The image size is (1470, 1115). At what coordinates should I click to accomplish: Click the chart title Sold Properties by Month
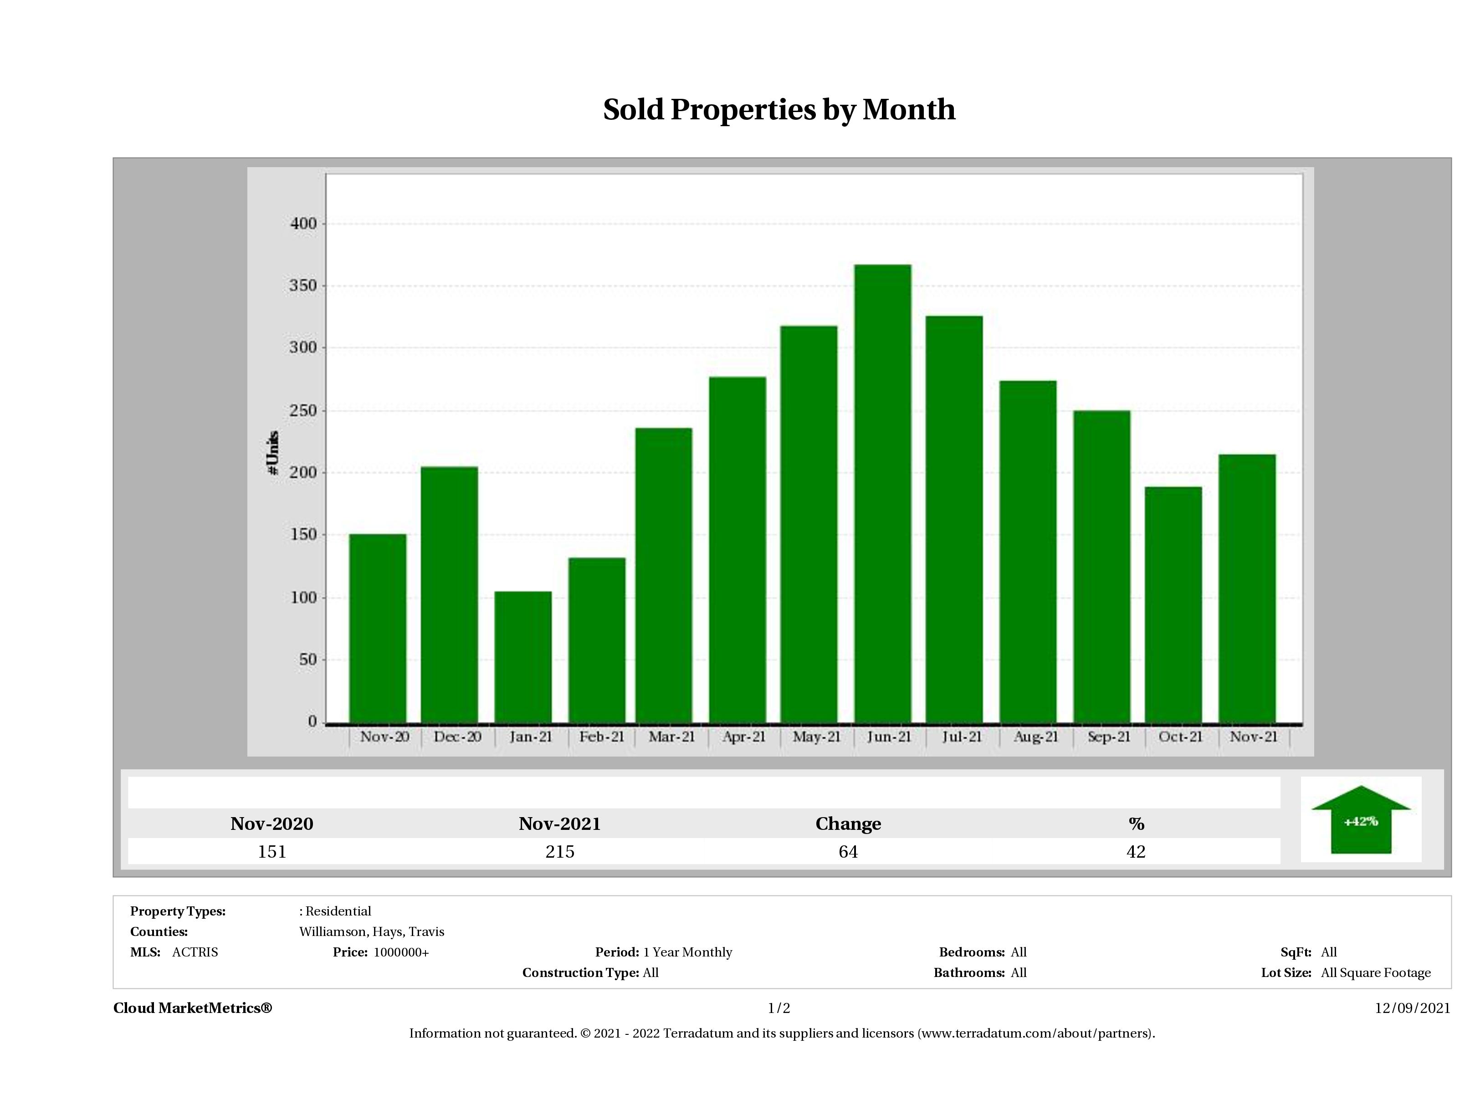pyautogui.click(x=779, y=110)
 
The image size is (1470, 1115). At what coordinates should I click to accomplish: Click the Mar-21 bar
pyautogui.click(x=663, y=575)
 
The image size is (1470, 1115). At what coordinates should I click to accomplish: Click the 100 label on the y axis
pyautogui.click(x=303, y=598)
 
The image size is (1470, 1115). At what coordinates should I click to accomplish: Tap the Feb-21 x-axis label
pyautogui.click(x=601, y=737)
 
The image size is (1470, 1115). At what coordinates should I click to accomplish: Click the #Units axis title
pyautogui.click(x=272, y=452)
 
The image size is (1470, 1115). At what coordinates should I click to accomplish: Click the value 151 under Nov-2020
pyautogui.click(x=272, y=852)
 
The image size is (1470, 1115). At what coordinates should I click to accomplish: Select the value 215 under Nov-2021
pyautogui.click(x=559, y=852)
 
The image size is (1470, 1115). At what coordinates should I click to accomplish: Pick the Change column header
pyautogui.click(x=848, y=824)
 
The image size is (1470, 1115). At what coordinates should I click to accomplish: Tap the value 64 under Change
pyautogui.click(x=848, y=852)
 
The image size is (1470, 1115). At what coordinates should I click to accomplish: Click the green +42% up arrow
pyautogui.click(x=1360, y=821)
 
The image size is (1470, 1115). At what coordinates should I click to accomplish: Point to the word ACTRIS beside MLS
pyautogui.click(x=195, y=952)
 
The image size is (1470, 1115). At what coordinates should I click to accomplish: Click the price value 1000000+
pyautogui.click(x=401, y=952)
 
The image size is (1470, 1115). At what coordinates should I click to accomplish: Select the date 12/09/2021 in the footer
pyautogui.click(x=1412, y=1008)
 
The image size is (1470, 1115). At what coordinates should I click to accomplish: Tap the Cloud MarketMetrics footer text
pyautogui.click(x=193, y=1008)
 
